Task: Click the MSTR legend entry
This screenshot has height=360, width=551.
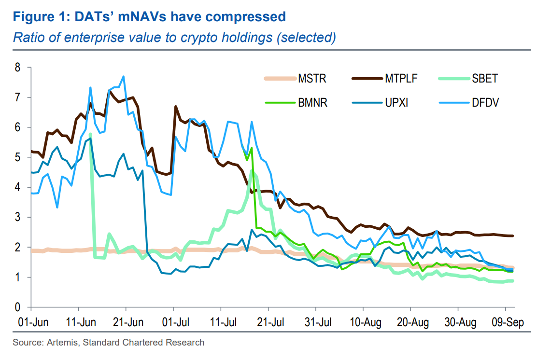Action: (312, 78)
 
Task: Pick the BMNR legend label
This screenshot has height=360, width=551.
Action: (313, 102)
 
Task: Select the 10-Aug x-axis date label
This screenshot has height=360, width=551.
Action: (363, 322)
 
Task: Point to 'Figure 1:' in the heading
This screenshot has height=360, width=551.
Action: (40, 17)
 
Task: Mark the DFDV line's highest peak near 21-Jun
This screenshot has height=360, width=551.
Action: (124, 76)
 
